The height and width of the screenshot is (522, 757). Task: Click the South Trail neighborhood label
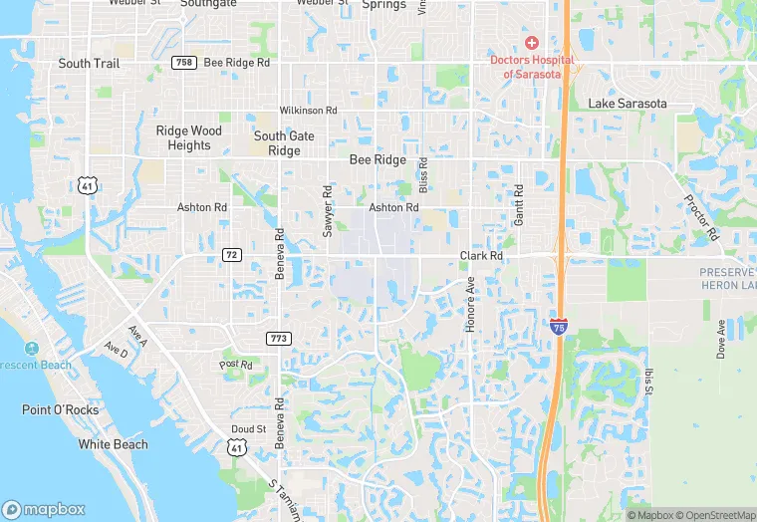click(x=89, y=63)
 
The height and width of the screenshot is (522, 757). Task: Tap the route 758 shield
click(x=183, y=62)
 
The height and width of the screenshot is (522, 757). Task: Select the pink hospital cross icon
click(x=532, y=43)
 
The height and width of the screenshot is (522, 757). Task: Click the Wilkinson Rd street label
click(x=309, y=110)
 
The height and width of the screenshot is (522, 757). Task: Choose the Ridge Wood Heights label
click(x=189, y=137)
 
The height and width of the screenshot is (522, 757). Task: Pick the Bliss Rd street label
click(x=423, y=175)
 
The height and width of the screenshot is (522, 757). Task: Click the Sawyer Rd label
click(x=327, y=209)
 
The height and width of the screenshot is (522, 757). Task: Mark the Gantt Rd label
click(x=518, y=204)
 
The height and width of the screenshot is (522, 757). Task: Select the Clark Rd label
click(x=481, y=256)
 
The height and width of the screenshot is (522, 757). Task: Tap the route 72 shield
click(x=232, y=255)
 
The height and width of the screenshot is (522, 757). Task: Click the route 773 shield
click(x=278, y=339)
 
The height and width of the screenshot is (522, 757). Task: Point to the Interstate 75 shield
click(x=560, y=326)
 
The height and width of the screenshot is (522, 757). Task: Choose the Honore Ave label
click(x=470, y=304)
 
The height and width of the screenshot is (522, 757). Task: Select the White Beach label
click(x=113, y=444)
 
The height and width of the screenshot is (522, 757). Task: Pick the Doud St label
click(x=249, y=428)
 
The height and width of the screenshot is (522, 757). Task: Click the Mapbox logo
click(x=44, y=509)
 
